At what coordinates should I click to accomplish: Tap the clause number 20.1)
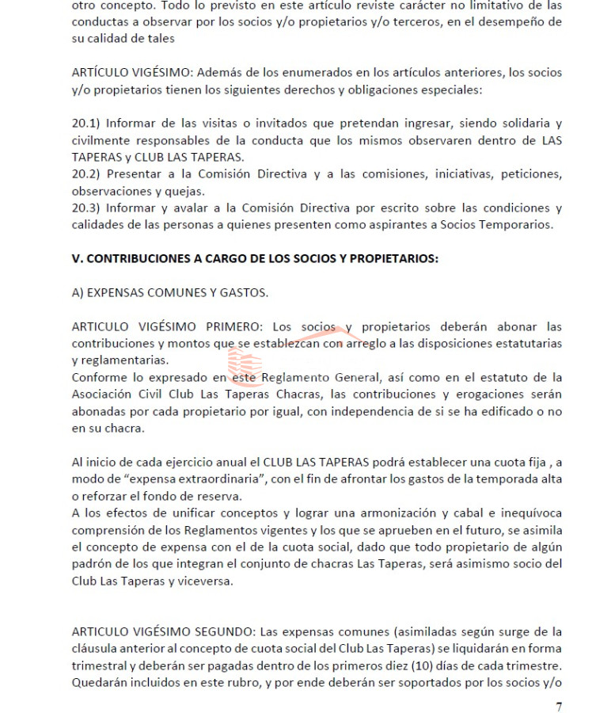[85, 123]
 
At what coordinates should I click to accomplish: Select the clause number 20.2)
[85, 173]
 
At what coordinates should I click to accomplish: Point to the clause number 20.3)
[85, 208]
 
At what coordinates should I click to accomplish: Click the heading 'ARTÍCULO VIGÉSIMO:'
[130, 72]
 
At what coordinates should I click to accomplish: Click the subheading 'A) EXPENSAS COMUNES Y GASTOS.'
[169, 292]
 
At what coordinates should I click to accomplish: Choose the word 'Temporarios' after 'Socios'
[517, 224]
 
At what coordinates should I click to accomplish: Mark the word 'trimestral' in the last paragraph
[101, 665]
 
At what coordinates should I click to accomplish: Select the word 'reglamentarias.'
[120, 360]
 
